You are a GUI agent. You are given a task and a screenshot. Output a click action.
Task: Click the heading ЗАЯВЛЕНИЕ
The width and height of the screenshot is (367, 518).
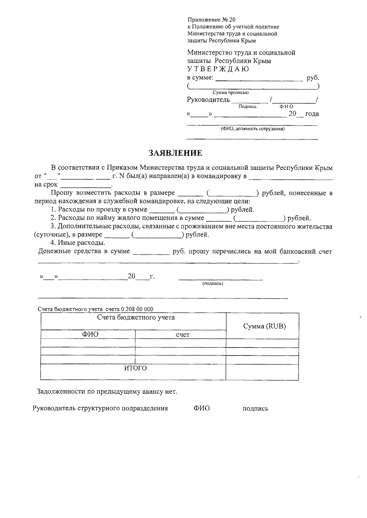pyautogui.click(x=175, y=153)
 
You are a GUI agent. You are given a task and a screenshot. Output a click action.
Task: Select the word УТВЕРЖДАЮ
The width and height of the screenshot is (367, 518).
pyautogui.click(x=218, y=69)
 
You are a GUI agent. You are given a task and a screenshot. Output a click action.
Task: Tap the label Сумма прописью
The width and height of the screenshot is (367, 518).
pyautogui.click(x=231, y=93)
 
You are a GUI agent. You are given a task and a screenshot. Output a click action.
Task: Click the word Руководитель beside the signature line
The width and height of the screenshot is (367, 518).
pyautogui.click(x=208, y=100)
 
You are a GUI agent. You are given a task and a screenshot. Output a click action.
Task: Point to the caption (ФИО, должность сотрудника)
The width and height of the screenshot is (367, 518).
pyautogui.click(x=253, y=129)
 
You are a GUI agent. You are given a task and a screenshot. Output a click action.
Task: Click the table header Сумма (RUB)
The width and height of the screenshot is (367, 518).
pyautogui.click(x=264, y=326)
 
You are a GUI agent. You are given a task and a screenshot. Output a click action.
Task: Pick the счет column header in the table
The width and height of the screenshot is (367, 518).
pyautogui.click(x=183, y=335)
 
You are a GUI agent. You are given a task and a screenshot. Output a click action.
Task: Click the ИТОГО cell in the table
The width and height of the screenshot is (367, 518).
pyautogui.click(x=135, y=368)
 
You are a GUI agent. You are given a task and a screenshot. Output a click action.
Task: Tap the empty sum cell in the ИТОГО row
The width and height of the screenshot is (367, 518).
pyautogui.click(x=262, y=372)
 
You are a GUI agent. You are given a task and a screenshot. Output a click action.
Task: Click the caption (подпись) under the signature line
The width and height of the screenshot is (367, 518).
pyautogui.click(x=213, y=284)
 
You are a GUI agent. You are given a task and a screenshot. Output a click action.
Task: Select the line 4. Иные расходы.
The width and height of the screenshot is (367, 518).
pyautogui.click(x=78, y=243)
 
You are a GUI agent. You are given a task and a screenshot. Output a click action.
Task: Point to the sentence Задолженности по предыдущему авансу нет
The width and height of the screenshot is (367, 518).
pyautogui.click(x=107, y=391)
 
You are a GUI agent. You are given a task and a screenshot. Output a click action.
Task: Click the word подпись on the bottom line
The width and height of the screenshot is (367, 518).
pyautogui.click(x=255, y=408)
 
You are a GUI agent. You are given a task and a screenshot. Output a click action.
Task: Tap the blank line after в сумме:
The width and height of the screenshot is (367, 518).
pyautogui.click(x=259, y=78)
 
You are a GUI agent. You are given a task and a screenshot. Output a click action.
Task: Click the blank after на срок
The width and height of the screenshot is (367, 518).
pyautogui.click(x=86, y=185)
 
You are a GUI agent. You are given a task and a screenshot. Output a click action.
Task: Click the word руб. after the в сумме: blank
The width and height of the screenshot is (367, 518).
pyautogui.click(x=313, y=78)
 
